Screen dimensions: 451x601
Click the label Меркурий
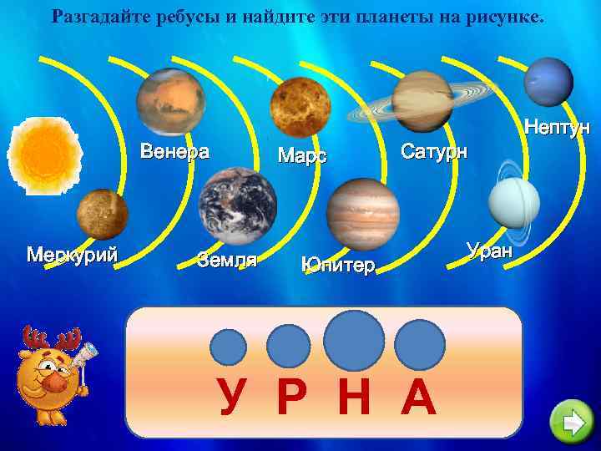pyautogui.click(x=72, y=254)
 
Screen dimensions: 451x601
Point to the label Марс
pyautogui.click(x=301, y=156)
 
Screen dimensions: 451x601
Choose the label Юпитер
pyautogui.click(x=338, y=266)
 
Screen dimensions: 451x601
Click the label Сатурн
pyautogui.click(x=435, y=152)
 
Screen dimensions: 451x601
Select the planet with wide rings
pyautogui.click(x=422, y=101)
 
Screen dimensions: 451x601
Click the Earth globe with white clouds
pyautogui.click(x=238, y=201)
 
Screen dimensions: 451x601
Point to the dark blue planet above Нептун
pyautogui.click(x=549, y=81)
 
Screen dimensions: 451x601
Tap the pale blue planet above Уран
pyautogui.click(x=514, y=203)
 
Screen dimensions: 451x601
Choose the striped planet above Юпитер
pyautogui.click(x=363, y=212)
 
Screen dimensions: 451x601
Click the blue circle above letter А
pyautogui.click(x=420, y=344)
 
